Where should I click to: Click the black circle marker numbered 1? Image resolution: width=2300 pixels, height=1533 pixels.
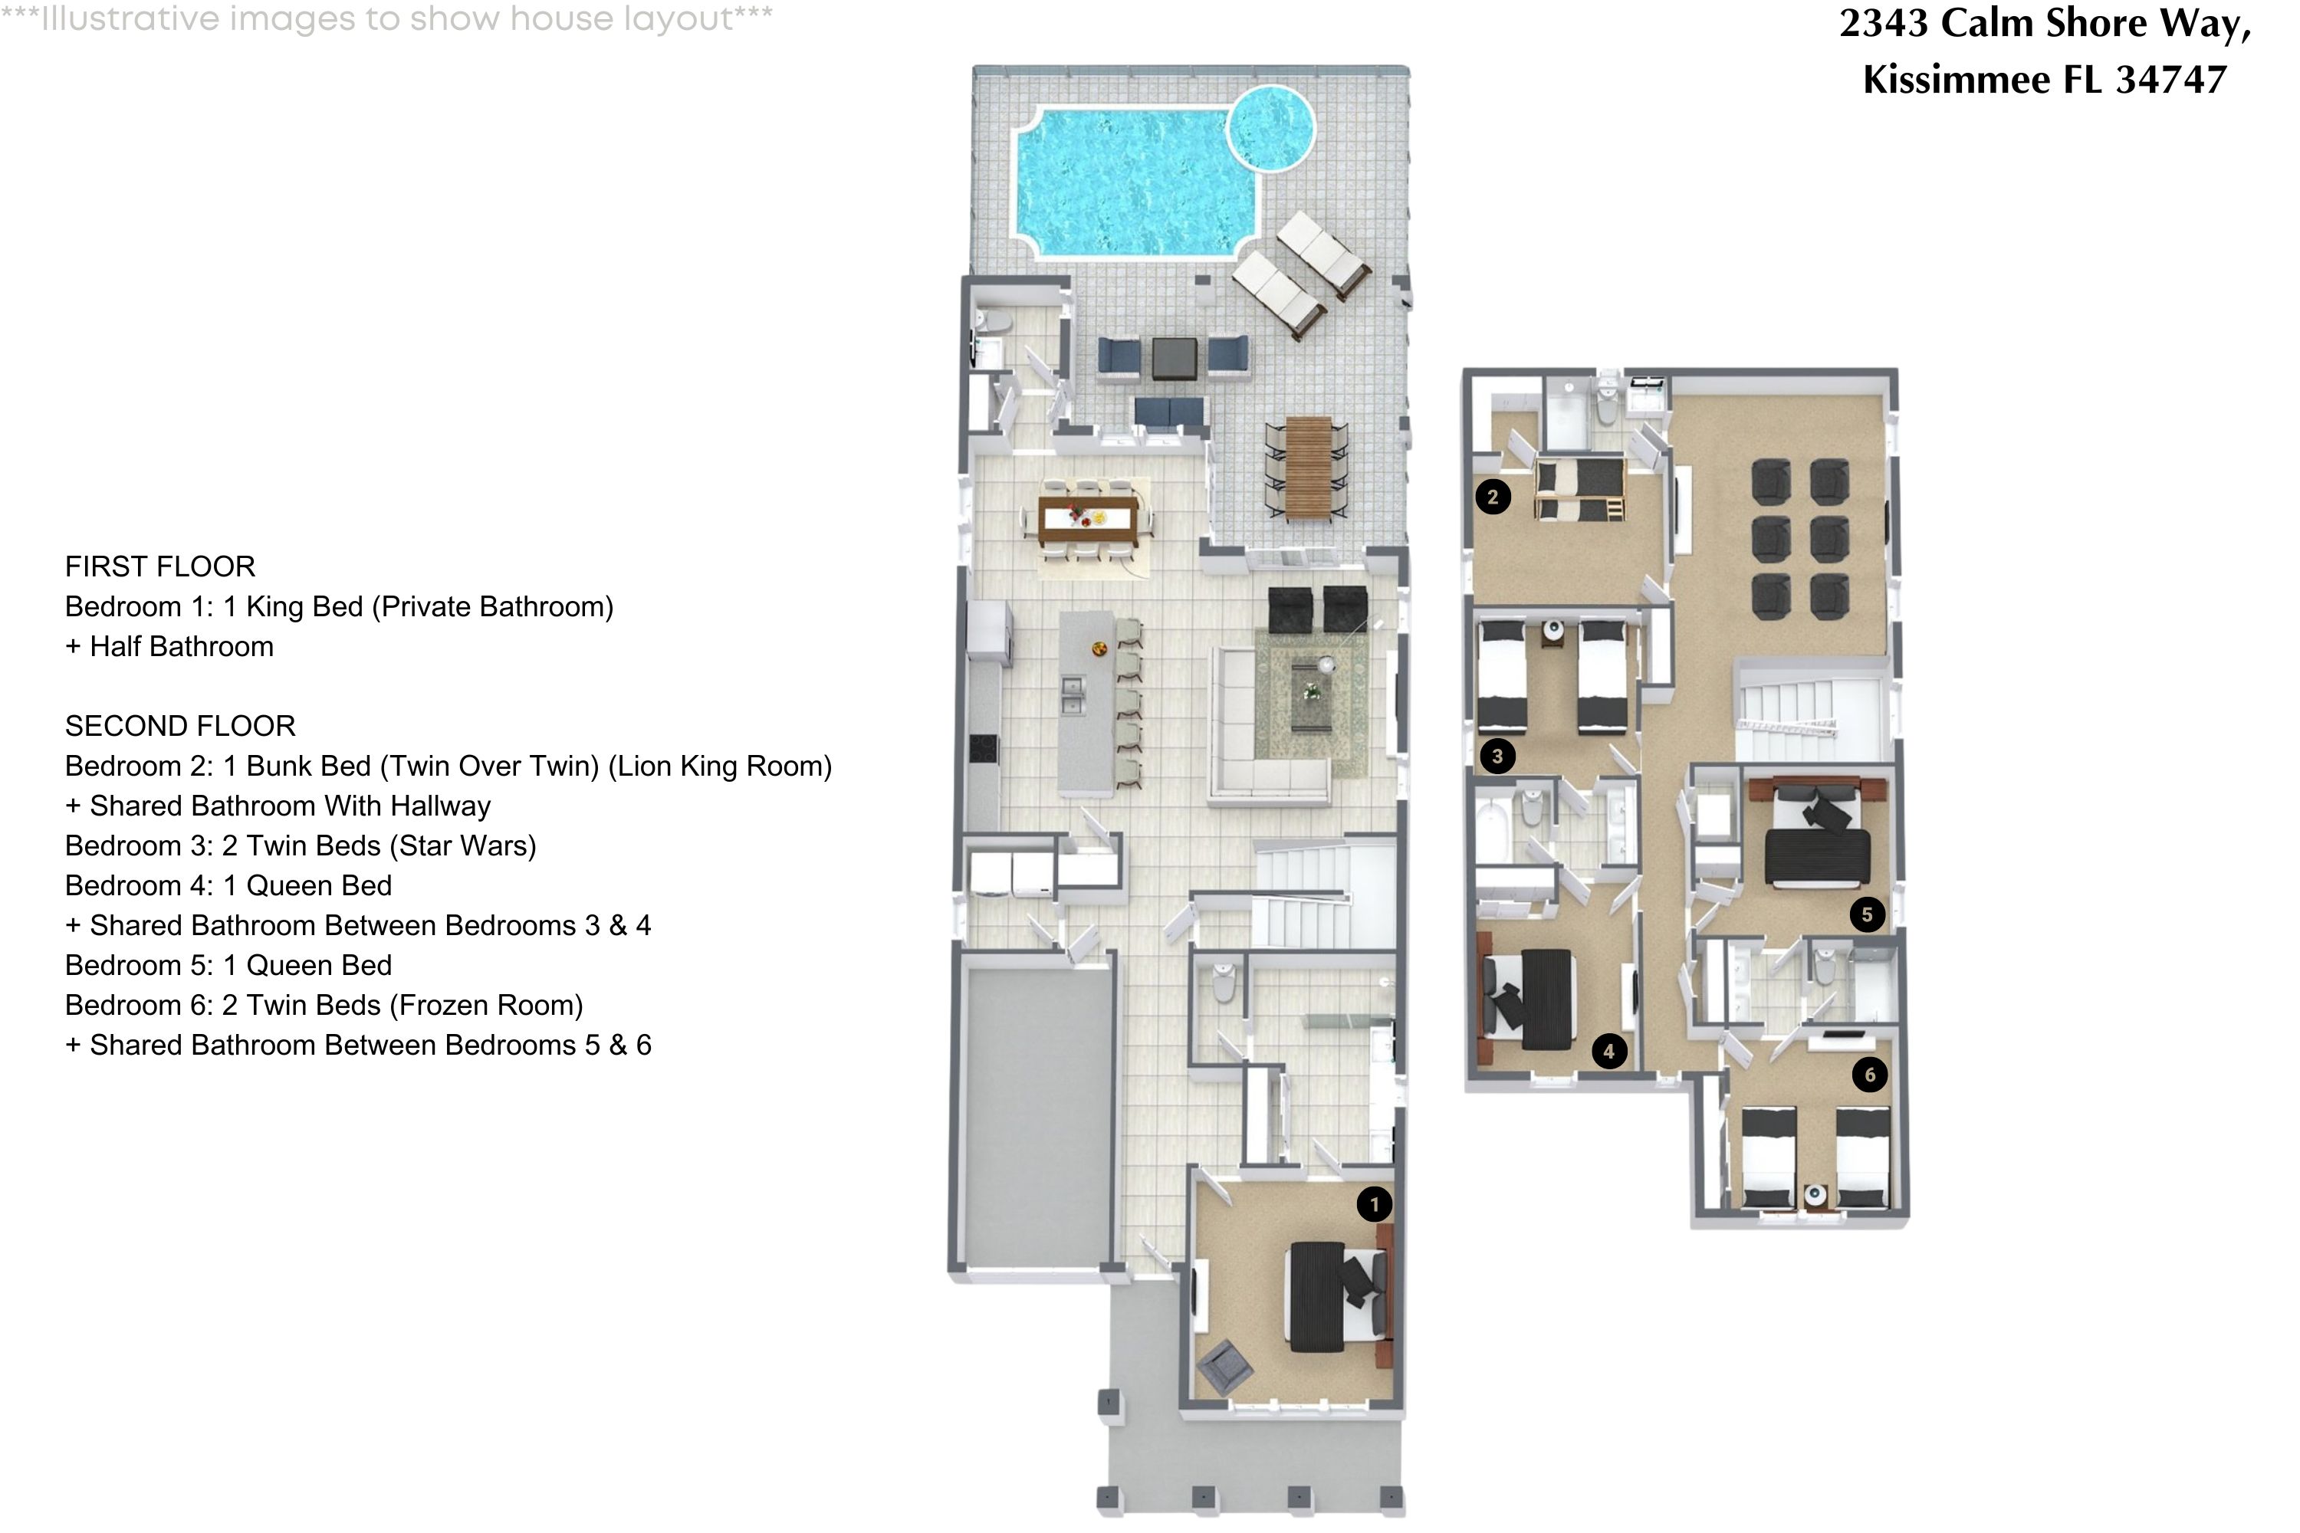1374,1203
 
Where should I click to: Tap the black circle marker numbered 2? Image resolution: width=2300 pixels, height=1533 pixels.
1492,497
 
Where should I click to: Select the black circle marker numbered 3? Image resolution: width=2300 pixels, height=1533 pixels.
1497,756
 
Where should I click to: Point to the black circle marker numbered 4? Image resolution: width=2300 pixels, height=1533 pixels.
1608,1052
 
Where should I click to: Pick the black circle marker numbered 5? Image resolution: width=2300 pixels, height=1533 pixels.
1867,914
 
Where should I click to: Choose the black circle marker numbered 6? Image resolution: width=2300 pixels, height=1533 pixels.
1870,1075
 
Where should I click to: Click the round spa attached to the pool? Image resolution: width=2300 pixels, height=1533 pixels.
1270,128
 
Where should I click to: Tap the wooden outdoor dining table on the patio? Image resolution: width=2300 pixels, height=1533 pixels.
1307,468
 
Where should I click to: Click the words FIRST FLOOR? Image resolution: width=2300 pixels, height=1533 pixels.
160,566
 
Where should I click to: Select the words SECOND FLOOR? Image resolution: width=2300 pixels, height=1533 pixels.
180,725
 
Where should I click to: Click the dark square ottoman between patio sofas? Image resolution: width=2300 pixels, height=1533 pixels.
1174,358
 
